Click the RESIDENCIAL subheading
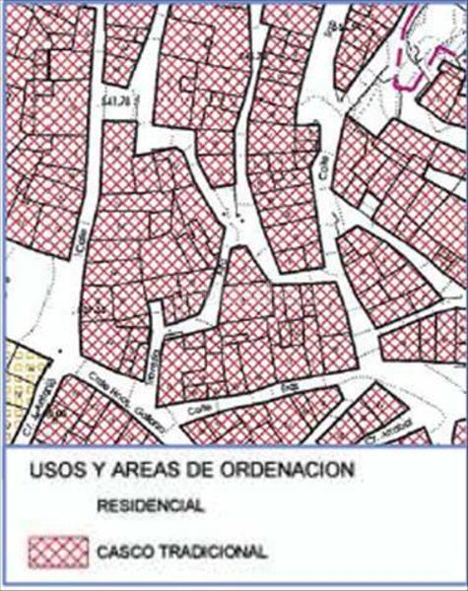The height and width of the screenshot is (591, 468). coord(151,506)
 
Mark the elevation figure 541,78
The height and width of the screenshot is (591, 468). coord(115,101)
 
